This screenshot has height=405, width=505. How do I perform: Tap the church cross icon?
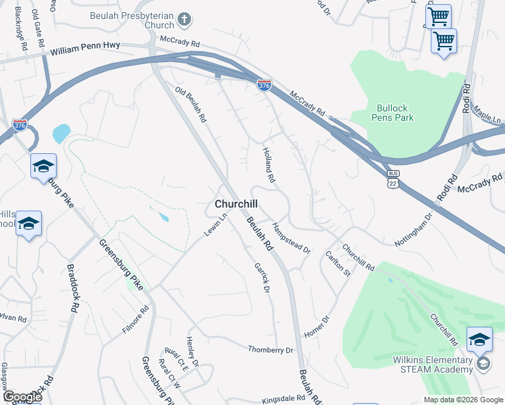(x=185, y=21)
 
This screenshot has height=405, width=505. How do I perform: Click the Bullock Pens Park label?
(x=392, y=113)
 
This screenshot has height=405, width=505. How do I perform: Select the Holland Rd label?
(x=269, y=165)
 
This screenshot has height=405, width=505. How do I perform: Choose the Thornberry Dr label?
(x=271, y=350)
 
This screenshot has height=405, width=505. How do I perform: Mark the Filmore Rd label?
(x=135, y=320)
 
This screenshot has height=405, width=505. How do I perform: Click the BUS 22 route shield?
(x=394, y=178)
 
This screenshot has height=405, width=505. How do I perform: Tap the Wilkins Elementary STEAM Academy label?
(x=433, y=364)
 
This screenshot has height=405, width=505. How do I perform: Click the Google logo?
(x=22, y=397)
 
